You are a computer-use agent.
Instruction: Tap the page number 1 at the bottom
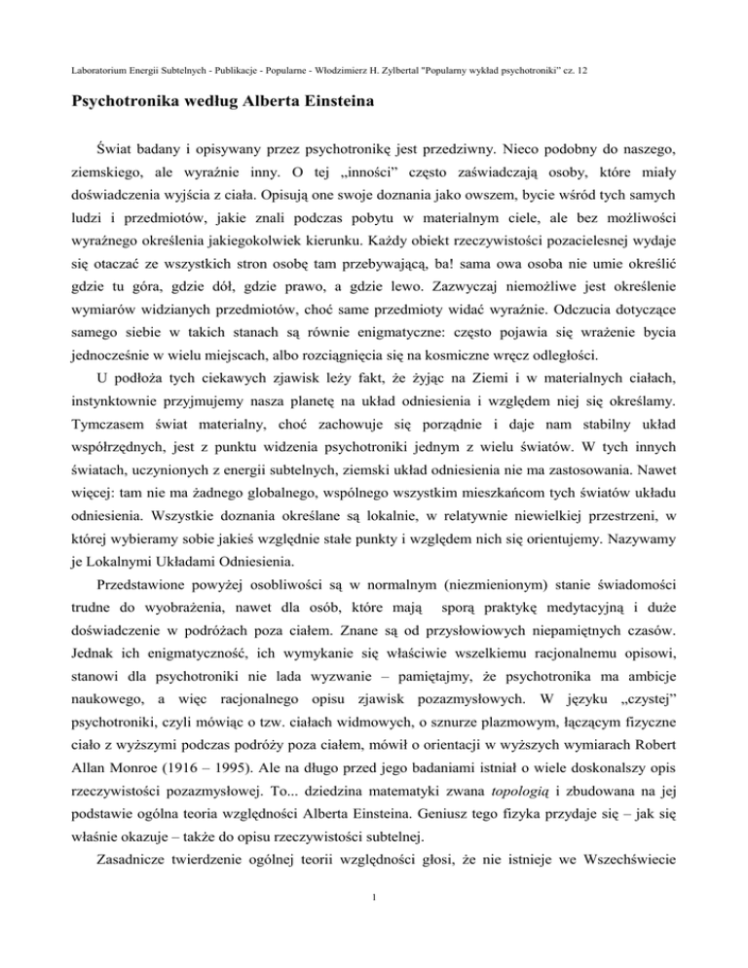pos(374,925)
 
